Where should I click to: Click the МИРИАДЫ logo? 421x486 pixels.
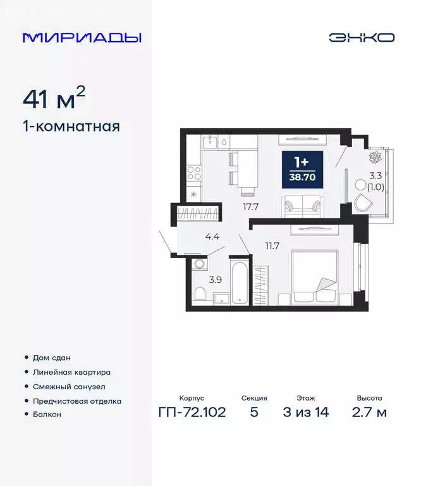(82, 37)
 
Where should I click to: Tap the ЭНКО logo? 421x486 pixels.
(361, 37)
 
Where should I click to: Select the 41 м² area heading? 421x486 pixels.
(54, 99)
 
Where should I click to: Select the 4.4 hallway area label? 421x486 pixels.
(212, 237)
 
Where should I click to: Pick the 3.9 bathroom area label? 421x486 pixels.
(215, 279)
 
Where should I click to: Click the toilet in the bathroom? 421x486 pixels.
(200, 294)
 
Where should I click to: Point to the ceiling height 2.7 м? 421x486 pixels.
(369, 413)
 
